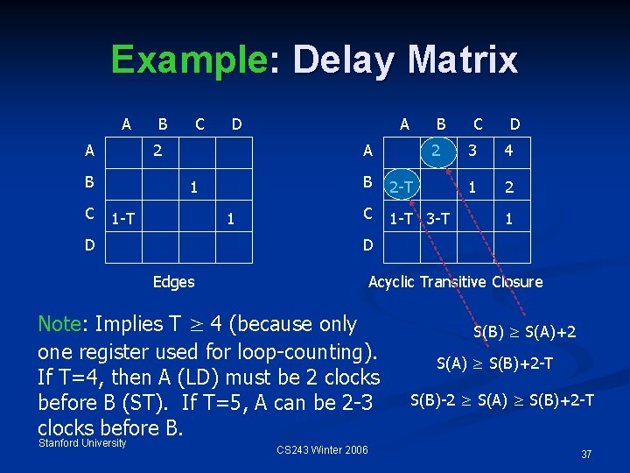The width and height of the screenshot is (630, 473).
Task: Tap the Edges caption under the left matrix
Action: coord(173,281)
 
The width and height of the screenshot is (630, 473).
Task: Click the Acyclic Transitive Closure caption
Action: coord(455,281)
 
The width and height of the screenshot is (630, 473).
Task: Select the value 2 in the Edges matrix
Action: coord(157,151)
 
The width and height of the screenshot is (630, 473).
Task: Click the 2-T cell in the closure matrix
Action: coord(402,186)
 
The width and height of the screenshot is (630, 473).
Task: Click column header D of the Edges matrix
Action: coord(236,124)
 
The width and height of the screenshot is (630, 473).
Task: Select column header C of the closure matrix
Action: coord(478,124)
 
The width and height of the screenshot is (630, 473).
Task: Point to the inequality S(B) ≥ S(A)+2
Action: coord(525,332)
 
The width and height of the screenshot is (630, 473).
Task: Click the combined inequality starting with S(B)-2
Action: coord(501,400)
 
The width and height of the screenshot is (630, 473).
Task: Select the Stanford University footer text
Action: coord(82,442)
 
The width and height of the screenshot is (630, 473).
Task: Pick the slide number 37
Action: coord(586,454)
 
